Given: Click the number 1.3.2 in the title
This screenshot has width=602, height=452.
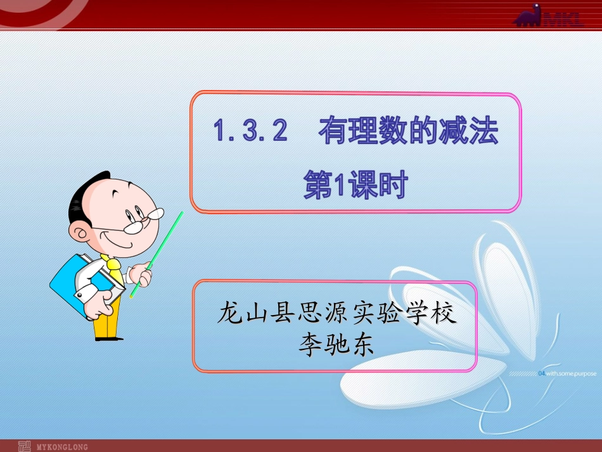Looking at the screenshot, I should click(251, 132).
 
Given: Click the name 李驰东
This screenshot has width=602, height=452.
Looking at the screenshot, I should click(335, 344).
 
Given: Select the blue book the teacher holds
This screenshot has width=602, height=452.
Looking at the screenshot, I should click(76, 281).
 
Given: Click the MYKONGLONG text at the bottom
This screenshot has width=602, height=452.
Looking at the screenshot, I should click(61, 446).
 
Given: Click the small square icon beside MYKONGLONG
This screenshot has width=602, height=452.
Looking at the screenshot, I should click(23, 446).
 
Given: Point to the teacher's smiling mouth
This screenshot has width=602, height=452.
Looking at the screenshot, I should click(130, 242).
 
